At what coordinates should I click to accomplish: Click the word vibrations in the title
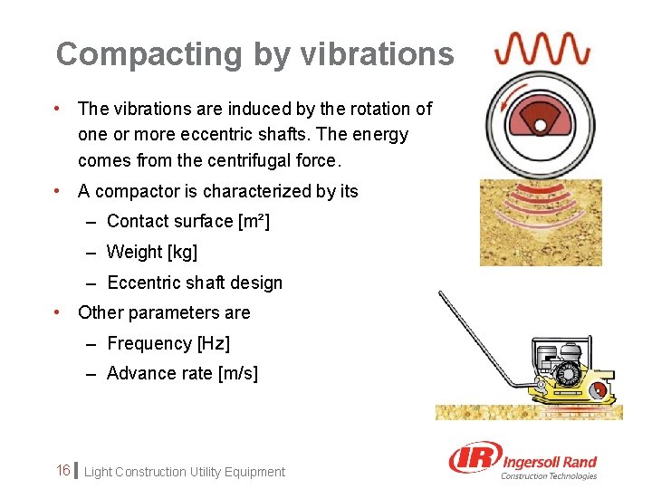(367, 54)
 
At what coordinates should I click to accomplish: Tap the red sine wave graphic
(542, 47)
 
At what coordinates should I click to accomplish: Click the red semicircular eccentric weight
(541, 117)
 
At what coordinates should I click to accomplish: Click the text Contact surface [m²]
(188, 222)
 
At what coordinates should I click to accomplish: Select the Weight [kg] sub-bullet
(151, 252)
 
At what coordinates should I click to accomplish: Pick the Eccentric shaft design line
(194, 283)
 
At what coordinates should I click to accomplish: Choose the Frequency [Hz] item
(168, 343)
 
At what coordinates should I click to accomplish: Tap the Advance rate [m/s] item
(182, 373)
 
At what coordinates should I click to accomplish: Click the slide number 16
(63, 471)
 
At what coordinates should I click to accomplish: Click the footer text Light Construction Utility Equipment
(185, 472)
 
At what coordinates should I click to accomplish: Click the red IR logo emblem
(473, 459)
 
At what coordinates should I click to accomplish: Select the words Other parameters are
(164, 313)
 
